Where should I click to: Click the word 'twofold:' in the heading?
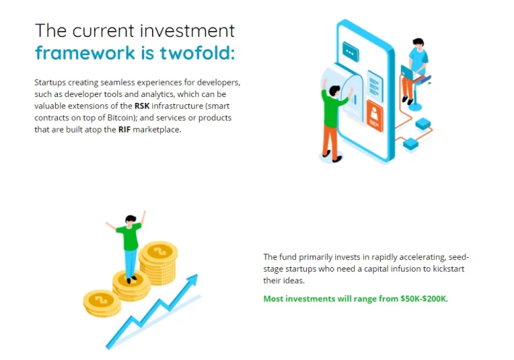pos(197,52)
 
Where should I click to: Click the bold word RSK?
pos(142,106)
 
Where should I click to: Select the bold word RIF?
pos(125,130)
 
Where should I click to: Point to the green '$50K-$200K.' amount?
pos(424,298)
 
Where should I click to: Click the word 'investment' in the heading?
pos(188,31)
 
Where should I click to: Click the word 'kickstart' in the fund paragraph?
pos(449,269)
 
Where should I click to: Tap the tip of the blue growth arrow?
pos(197,275)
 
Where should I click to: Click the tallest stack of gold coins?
pos(159,262)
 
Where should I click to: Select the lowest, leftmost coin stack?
pos(102,304)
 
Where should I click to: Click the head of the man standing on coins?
pos(130,220)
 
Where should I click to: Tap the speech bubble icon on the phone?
pos(350,52)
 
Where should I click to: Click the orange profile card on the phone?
pos(374,115)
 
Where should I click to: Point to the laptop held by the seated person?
pos(408,72)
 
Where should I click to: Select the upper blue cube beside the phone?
pos(423,124)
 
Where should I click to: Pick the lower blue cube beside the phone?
pos(410,144)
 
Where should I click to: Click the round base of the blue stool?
pos(415,106)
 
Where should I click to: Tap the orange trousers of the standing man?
pos(330,141)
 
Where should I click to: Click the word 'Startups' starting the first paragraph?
pos(50,83)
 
